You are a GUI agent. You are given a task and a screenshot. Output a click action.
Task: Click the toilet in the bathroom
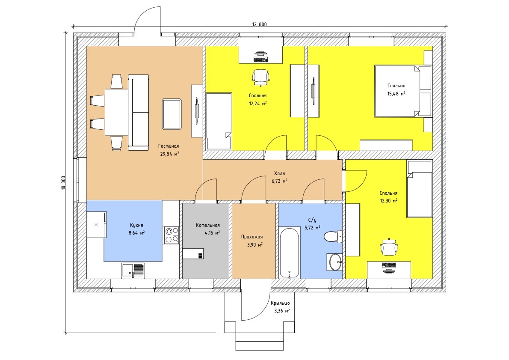[x=333, y=236]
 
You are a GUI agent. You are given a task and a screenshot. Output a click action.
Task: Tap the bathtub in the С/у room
[x=290, y=253]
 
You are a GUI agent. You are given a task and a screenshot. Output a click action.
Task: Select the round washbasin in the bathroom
[x=334, y=262]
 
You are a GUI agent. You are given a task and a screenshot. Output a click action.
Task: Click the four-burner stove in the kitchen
[x=172, y=235]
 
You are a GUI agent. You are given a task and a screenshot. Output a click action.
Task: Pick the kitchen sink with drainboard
[x=133, y=271]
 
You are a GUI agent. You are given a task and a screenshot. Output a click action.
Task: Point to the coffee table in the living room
[x=172, y=114]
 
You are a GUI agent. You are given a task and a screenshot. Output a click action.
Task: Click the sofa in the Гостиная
[x=138, y=113]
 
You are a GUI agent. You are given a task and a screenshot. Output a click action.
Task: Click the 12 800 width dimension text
[x=259, y=24]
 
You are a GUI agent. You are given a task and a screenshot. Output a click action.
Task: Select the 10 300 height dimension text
[x=63, y=183]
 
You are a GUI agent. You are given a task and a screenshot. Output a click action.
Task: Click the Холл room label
[x=279, y=173]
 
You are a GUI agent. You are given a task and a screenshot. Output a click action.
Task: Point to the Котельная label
[x=208, y=225]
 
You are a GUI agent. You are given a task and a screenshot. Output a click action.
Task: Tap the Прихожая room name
[x=252, y=237]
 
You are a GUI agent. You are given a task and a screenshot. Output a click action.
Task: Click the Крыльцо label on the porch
[x=281, y=303]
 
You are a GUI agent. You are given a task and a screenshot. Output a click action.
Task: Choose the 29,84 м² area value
[x=169, y=154]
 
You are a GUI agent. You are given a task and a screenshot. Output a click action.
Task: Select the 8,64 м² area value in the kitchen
[x=137, y=232]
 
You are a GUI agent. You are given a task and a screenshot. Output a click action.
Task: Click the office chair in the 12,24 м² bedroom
[x=260, y=77]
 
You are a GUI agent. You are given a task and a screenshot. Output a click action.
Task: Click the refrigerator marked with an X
[x=96, y=224]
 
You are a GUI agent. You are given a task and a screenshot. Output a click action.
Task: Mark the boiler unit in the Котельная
[x=193, y=254]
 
